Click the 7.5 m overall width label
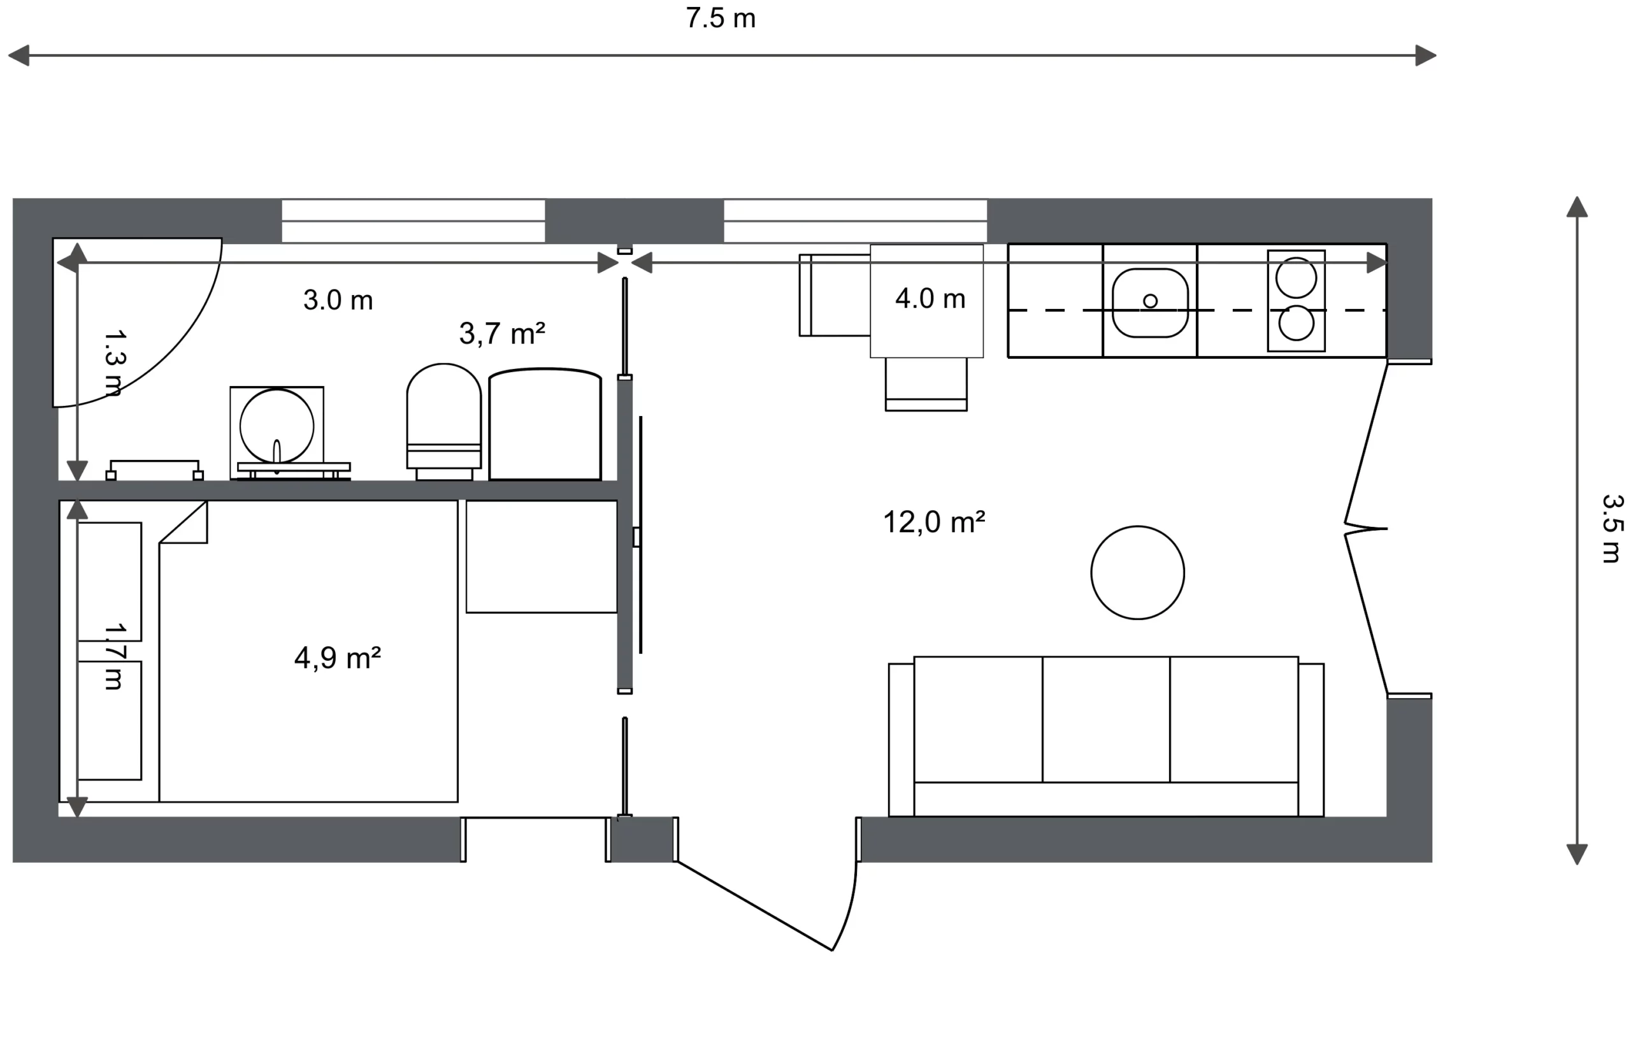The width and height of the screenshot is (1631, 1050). (x=721, y=18)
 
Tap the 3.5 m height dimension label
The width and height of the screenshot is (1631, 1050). (x=1611, y=529)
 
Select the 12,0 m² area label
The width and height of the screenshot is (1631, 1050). (x=934, y=522)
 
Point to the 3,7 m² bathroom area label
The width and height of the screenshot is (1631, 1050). (x=501, y=333)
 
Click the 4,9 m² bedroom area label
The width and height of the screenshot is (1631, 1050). (x=338, y=658)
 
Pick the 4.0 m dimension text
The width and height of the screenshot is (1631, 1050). (x=930, y=299)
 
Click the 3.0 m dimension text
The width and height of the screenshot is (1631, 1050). (x=338, y=300)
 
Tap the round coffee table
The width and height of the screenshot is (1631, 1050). (x=1137, y=573)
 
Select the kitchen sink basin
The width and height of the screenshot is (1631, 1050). (x=1150, y=303)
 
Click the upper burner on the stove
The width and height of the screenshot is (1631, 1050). (x=1296, y=278)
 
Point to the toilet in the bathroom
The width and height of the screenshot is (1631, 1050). (x=443, y=421)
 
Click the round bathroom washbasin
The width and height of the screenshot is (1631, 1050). (x=277, y=426)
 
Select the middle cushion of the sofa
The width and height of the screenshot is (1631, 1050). (x=1105, y=719)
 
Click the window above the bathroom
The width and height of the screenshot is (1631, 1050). (x=413, y=221)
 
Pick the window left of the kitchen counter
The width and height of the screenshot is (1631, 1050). (x=855, y=221)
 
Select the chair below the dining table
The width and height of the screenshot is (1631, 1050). (x=926, y=385)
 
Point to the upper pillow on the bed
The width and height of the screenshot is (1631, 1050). (x=110, y=582)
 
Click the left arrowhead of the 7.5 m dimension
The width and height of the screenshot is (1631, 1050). (x=18, y=55)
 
